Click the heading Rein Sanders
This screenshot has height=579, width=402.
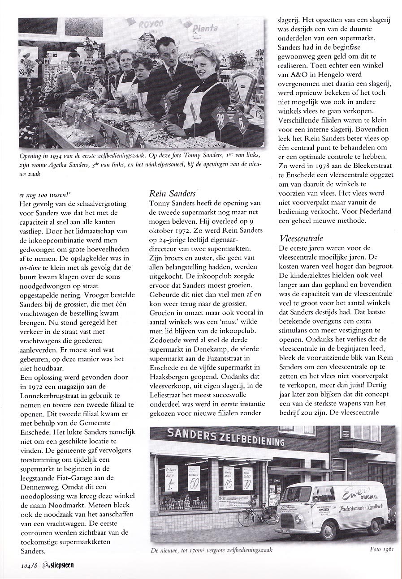click(x=172, y=193)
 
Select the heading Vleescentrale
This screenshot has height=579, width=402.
click(x=301, y=238)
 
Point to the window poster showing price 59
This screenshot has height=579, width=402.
click(x=194, y=478)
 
